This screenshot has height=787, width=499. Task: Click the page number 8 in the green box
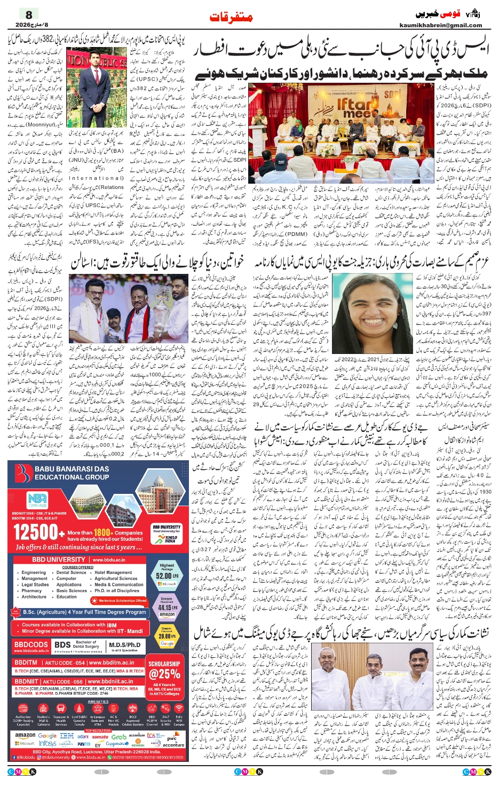29,15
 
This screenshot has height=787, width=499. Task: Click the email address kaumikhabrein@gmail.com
440,25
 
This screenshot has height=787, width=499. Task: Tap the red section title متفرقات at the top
231,17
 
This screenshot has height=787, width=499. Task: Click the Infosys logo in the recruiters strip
47,743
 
